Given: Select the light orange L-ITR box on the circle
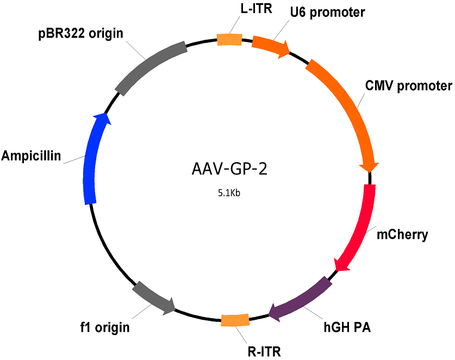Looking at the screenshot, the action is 229,40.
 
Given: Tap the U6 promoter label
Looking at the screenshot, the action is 328,13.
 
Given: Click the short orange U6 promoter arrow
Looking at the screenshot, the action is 270,46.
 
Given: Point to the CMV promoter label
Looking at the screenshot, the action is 409,86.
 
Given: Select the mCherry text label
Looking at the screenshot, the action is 402,234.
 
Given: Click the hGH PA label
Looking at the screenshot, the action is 347,327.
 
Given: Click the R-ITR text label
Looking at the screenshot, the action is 264,352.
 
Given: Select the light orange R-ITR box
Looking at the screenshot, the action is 235,320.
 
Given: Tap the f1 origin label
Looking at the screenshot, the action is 105,327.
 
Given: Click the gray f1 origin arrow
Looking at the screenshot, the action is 152,298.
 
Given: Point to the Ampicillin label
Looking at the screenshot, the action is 31,156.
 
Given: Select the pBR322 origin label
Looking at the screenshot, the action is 80,34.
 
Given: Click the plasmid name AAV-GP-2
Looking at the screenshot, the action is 229,169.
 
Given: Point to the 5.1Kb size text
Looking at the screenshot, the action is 229,193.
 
